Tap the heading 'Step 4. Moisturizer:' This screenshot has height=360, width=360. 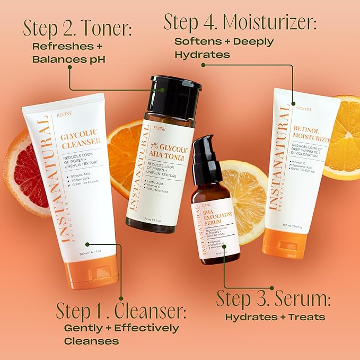click(240, 22)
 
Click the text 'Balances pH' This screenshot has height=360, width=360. click(68, 59)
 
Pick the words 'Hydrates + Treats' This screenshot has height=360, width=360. click(275, 318)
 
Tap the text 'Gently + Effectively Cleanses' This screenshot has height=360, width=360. click(121, 334)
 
